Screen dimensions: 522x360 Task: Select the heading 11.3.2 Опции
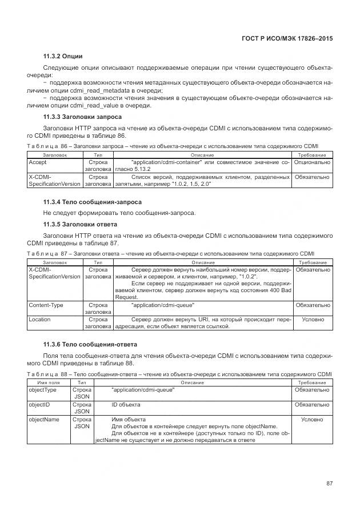pos(63,56)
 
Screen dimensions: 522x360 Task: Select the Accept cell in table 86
pos(38,162)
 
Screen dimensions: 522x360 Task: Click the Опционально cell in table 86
pos(313,162)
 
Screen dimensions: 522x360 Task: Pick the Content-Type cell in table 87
pos(46,305)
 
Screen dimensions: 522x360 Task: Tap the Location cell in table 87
pos(39,320)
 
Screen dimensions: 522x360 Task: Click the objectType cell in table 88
pos(42,390)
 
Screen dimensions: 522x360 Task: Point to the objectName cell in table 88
pos(44,420)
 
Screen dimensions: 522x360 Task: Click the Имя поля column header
pos(48,382)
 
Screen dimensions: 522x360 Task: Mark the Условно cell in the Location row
pos(313,320)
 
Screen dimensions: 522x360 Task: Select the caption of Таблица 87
pos(171,253)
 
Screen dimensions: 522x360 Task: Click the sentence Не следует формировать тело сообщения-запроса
pos(119,213)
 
